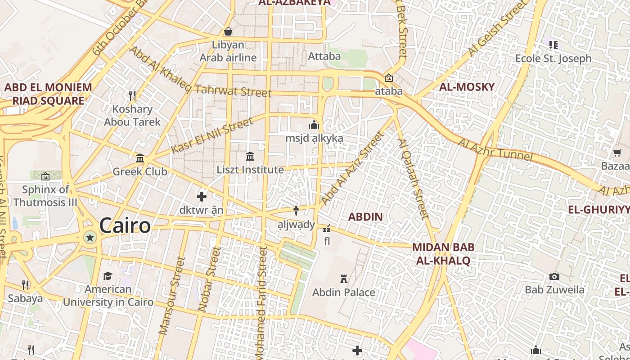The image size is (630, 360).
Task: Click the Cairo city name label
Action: (x=125, y=225)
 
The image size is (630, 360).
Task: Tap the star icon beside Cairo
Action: (x=90, y=238)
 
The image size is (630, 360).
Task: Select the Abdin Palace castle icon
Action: (x=344, y=279)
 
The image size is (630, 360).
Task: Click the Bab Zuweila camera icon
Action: (x=554, y=276)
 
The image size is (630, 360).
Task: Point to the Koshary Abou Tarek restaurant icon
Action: (x=132, y=95)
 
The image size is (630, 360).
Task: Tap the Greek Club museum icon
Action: (x=140, y=158)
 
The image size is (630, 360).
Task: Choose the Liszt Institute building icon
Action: (x=250, y=156)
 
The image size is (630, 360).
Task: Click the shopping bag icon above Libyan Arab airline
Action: (x=228, y=31)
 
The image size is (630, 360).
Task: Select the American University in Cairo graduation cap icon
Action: (x=108, y=275)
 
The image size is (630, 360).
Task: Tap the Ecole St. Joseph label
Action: (x=553, y=58)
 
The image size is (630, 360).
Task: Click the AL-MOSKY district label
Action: (x=467, y=87)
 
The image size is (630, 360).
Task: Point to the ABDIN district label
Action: (x=365, y=217)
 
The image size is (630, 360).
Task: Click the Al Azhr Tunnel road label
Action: (x=495, y=150)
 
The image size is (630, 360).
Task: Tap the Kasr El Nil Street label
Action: (x=212, y=135)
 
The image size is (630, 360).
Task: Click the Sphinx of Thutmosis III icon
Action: (x=45, y=176)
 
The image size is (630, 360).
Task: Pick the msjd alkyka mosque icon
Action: (x=314, y=125)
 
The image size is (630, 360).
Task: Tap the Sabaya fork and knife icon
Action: (x=25, y=285)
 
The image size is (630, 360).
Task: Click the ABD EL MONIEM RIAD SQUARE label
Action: (x=48, y=94)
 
